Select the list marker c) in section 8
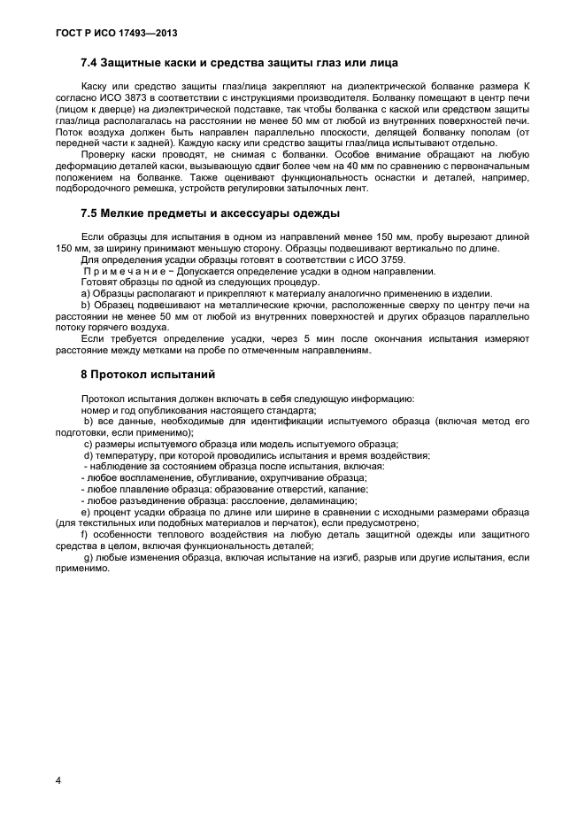88,444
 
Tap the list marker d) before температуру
88,455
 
